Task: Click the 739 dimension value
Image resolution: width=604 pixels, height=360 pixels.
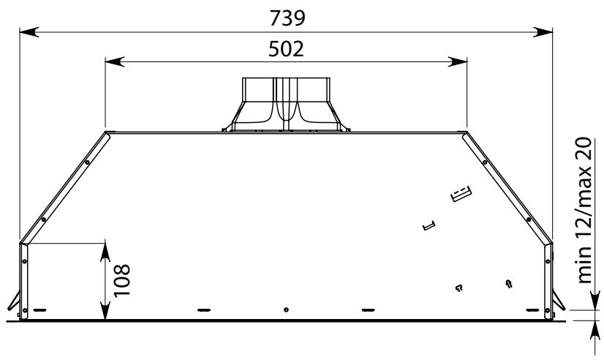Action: [287, 18]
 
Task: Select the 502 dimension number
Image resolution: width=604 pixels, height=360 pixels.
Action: [286, 49]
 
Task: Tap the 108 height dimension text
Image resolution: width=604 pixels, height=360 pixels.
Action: [122, 280]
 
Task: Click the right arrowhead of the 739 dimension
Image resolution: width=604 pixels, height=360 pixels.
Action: [543, 32]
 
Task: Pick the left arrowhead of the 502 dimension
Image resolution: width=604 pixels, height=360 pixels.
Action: [114, 61]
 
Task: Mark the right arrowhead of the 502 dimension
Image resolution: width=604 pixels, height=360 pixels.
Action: [458, 61]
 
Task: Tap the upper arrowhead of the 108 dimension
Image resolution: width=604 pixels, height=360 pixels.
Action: [105, 252]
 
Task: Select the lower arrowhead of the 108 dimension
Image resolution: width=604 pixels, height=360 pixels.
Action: [105, 311]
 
